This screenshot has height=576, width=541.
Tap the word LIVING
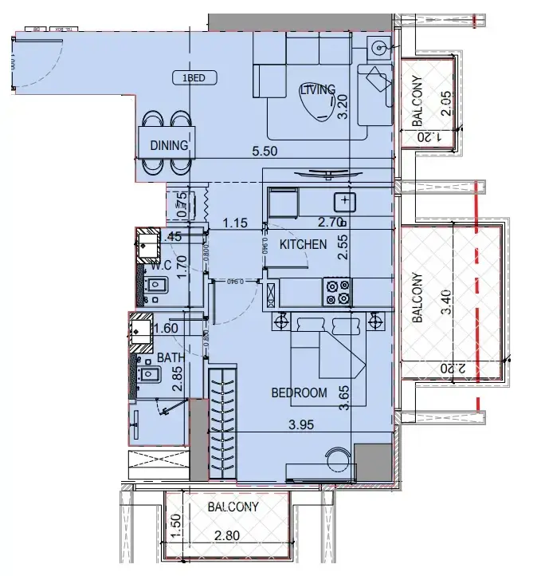pos(316,90)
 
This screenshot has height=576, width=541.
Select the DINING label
pos(168,146)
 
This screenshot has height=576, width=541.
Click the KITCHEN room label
pos(302,244)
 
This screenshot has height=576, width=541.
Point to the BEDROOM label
pos(299,393)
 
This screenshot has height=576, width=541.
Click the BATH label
pos(171,358)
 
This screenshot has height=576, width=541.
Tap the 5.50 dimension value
pos(266,151)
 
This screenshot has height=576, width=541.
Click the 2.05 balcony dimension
pos(446,104)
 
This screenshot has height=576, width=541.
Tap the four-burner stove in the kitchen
pos(337,291)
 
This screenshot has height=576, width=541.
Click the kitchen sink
pos(344,200)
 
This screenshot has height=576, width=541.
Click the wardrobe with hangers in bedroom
pos(222,423)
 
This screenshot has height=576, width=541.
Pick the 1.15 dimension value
pos(236,223)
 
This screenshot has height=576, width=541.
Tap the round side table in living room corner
pos(378,48)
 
